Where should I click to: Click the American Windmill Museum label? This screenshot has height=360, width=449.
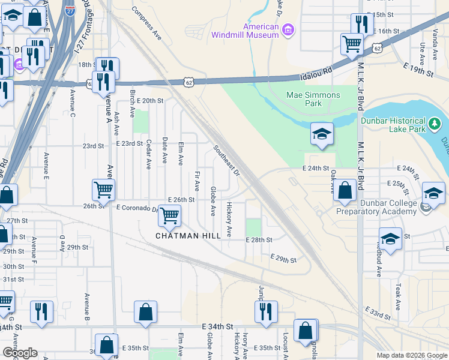(x=245, y=31)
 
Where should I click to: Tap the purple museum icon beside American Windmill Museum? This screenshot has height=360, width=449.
(x=288, y=30)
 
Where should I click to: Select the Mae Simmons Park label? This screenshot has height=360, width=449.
(x=313, y=99)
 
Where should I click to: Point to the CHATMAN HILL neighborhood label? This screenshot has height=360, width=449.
(x=188, y=236)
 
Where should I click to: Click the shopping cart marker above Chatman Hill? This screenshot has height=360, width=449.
(x=170, y=215)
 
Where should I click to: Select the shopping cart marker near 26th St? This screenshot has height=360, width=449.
(x=104, y=190)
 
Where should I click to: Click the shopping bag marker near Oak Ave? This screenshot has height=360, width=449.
(x=345, y=191)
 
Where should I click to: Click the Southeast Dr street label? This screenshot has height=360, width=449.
(x=226, y=161)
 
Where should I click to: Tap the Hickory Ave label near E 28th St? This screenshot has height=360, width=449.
(x=229, y=219)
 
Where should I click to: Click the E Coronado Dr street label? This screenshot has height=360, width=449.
(x=136, y=208)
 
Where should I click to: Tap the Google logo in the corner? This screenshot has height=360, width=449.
(x=19, y=353)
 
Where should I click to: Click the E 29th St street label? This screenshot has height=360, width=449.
(x=284, y=259)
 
